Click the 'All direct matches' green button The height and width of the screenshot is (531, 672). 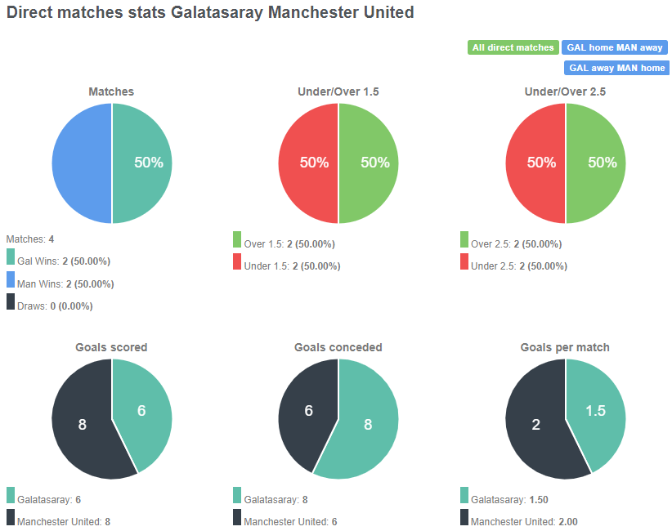click(x=513, y=47)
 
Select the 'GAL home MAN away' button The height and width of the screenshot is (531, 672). click(x=614, y=47)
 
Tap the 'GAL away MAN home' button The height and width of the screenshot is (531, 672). click(x=616, y=68)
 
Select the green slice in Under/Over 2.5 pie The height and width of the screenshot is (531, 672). click(x=596, y=163)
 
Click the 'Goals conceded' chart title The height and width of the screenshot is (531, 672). click(x=338, y=347)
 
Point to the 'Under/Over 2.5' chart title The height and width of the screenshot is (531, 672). click(x=565, y=92)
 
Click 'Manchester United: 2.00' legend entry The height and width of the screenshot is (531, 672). click(x=524, y=521)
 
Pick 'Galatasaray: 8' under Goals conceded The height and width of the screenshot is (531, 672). click(x=276, y=499)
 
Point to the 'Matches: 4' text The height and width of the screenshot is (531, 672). click(x=30, y=239)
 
